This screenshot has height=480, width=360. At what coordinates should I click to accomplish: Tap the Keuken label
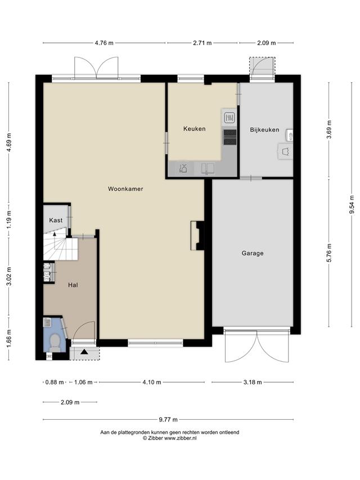pyautogui.click(x=195, y=129)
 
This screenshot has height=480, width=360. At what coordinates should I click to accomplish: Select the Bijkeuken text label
pyautogui.click(x=264, y=130)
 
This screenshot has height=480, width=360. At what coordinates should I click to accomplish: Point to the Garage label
pyautogui.click(x=253, y=253)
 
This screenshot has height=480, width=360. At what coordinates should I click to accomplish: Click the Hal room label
pyautogui.click(x=73, y=285)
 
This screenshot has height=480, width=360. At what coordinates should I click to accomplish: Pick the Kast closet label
pyautogui.click(x=56, y=220)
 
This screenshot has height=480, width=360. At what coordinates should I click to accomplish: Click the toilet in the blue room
pyautogui.click(x=55, y=342)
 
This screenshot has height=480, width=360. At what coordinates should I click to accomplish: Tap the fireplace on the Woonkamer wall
pyautogui.click(x=197, y=235)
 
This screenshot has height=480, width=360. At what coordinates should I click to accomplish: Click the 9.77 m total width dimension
pyautogui.click(x=168, y=419)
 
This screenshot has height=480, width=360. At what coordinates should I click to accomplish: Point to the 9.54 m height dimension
pyautogui.click(x=352, y=205)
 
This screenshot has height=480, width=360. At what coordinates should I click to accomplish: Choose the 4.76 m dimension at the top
pyautogui.click(x=104, y=43)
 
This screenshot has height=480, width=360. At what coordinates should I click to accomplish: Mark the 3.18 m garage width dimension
pyautogui.click(x=253, y=382)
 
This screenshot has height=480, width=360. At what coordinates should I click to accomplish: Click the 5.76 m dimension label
pyautogui.click(x=330, y=253)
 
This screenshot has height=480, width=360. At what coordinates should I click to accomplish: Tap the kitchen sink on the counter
pyautogui.click(x=208, y=169)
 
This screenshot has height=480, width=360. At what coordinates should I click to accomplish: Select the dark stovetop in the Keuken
pyautogui.click(x=230, y=137)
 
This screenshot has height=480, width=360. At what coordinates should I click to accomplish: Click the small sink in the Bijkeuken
pyautogui.click(x=290, y=135)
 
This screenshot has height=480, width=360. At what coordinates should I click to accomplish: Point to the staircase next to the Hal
pyautogui.click(x=61, y=247)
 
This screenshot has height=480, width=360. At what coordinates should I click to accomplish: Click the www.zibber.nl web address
pyautogui.click(x=181, y=438)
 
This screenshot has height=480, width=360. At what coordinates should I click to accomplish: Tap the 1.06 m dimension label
pyautogui.click(x=83, y=382)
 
